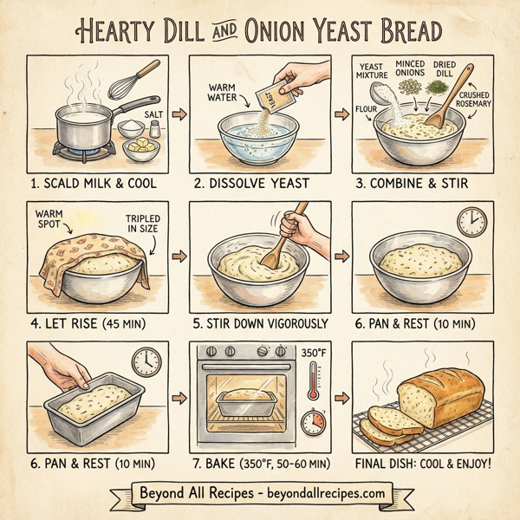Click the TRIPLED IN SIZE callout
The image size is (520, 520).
(144, 223)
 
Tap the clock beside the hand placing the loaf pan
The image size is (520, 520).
(146, 361)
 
